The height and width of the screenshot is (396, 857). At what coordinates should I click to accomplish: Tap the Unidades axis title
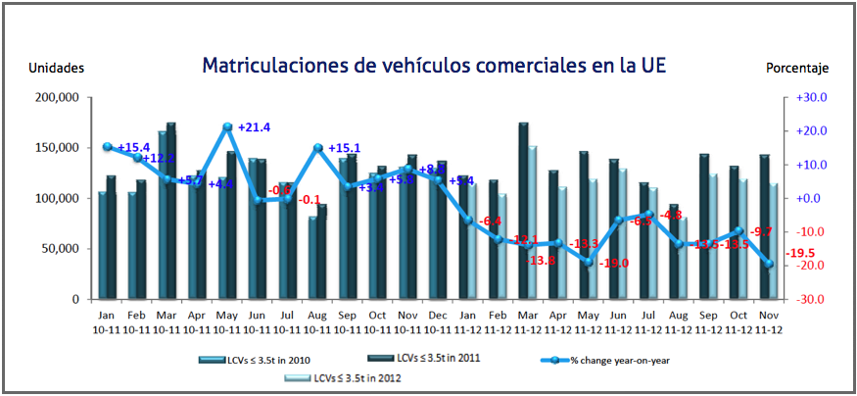click(x=56, y=68)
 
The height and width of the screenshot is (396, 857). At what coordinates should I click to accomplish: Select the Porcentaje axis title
click(x=797, y=68)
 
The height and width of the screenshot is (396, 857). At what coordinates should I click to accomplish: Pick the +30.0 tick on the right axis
click(x=812, y=98)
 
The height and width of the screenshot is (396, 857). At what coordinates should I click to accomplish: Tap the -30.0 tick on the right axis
click(x=812, y=299)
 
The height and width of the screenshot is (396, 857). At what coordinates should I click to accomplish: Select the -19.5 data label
click(x=800, y=254)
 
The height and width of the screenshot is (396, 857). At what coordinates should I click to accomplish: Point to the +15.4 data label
click(x=133, y=148)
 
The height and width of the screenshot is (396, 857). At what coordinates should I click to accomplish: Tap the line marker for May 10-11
click(x=227, y=126)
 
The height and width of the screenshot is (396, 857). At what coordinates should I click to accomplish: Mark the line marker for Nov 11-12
click(x=771, y=264)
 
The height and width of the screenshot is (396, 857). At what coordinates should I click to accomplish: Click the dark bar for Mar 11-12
click(x=523, y=211)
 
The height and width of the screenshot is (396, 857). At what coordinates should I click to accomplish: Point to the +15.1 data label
click(x=345, y=148)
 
